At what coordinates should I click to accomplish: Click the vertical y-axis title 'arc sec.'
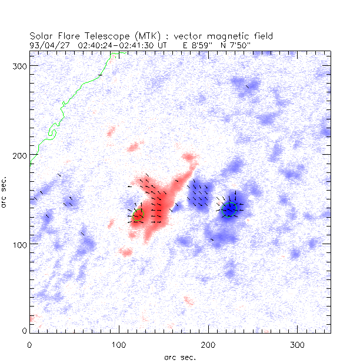(x=6, y=191)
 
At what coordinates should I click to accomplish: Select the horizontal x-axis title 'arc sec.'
(x=179, y=357)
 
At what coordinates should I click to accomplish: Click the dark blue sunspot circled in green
(x=229, y=209)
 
